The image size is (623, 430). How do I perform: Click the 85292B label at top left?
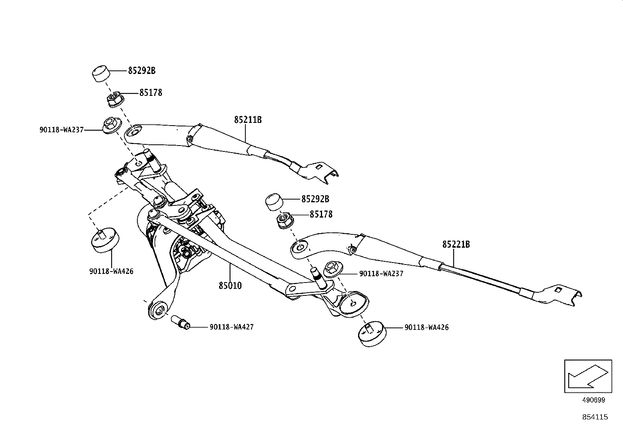pyautogui.click(x=142, y=71)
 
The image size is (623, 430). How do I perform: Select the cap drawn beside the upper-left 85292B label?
pyautogui.click(x=100, y=73)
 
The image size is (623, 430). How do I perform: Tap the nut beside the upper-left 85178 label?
pyautogui.click(x=114, y=99)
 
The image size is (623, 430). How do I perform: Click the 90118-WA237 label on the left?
pyautogui.click(x=61, y=130)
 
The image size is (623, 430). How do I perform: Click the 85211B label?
pyautogui.click(x=248, y=120)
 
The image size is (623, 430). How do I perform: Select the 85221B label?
pyautogui.click(x=456, y=245)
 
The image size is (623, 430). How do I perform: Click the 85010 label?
pyautogui.click(x=230, y=286)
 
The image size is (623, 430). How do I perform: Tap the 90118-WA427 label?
pyautogui.click(x=232, y=327)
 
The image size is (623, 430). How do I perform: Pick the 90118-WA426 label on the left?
pyautogui.click(x=111, y=271)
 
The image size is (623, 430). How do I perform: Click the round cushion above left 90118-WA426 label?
pyautogui.click(x=104, y=239)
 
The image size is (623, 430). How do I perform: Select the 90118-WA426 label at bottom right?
pyautogui.click(x=427, y=327)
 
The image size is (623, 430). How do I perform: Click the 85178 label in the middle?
pyautogui.click(x=321, y=214)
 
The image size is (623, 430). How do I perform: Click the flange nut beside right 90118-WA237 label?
pyautogui.click(x=332, y=268)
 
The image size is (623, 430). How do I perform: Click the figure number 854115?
pyautogui.click(x=595, y=417)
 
